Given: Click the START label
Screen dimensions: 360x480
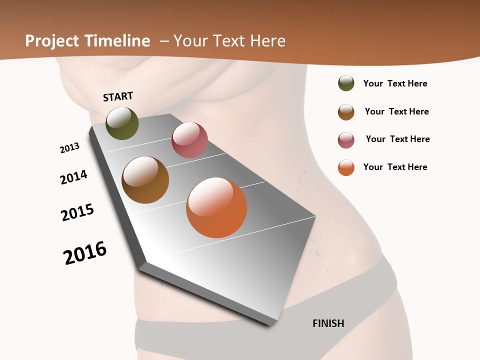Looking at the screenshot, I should tap(118, 96).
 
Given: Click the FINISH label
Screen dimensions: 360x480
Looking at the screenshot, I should tap(328, 323).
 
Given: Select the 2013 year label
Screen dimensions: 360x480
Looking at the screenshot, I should tap(69, 148).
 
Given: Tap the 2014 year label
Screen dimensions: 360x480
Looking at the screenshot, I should tap(73, 177).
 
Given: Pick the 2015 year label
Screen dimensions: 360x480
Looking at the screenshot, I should tap(77, 212).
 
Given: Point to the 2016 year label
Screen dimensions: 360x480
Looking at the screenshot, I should tap(85, 253).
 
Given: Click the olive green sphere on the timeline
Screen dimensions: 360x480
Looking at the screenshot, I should tap(122, 123).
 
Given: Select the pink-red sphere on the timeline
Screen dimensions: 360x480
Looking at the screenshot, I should tap(189, 139).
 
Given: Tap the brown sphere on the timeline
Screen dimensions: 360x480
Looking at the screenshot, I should tap(145, 180).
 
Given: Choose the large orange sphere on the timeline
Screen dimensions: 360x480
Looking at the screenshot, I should tap(216, 207).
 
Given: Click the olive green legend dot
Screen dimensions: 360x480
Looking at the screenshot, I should tap(346, 83).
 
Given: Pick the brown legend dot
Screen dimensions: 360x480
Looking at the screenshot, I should tap(346, 112).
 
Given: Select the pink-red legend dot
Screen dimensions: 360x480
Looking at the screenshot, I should tap(346, 140).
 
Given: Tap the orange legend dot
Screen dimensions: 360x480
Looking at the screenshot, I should tap(346, 167).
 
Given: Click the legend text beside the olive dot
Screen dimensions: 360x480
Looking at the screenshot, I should tap(395, 83).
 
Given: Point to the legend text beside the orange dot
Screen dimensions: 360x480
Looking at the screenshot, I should tap(395, 167).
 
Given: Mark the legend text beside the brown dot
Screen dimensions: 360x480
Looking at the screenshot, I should tap(396, 111).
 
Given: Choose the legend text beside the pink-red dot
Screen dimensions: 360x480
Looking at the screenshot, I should tap(397, 139).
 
